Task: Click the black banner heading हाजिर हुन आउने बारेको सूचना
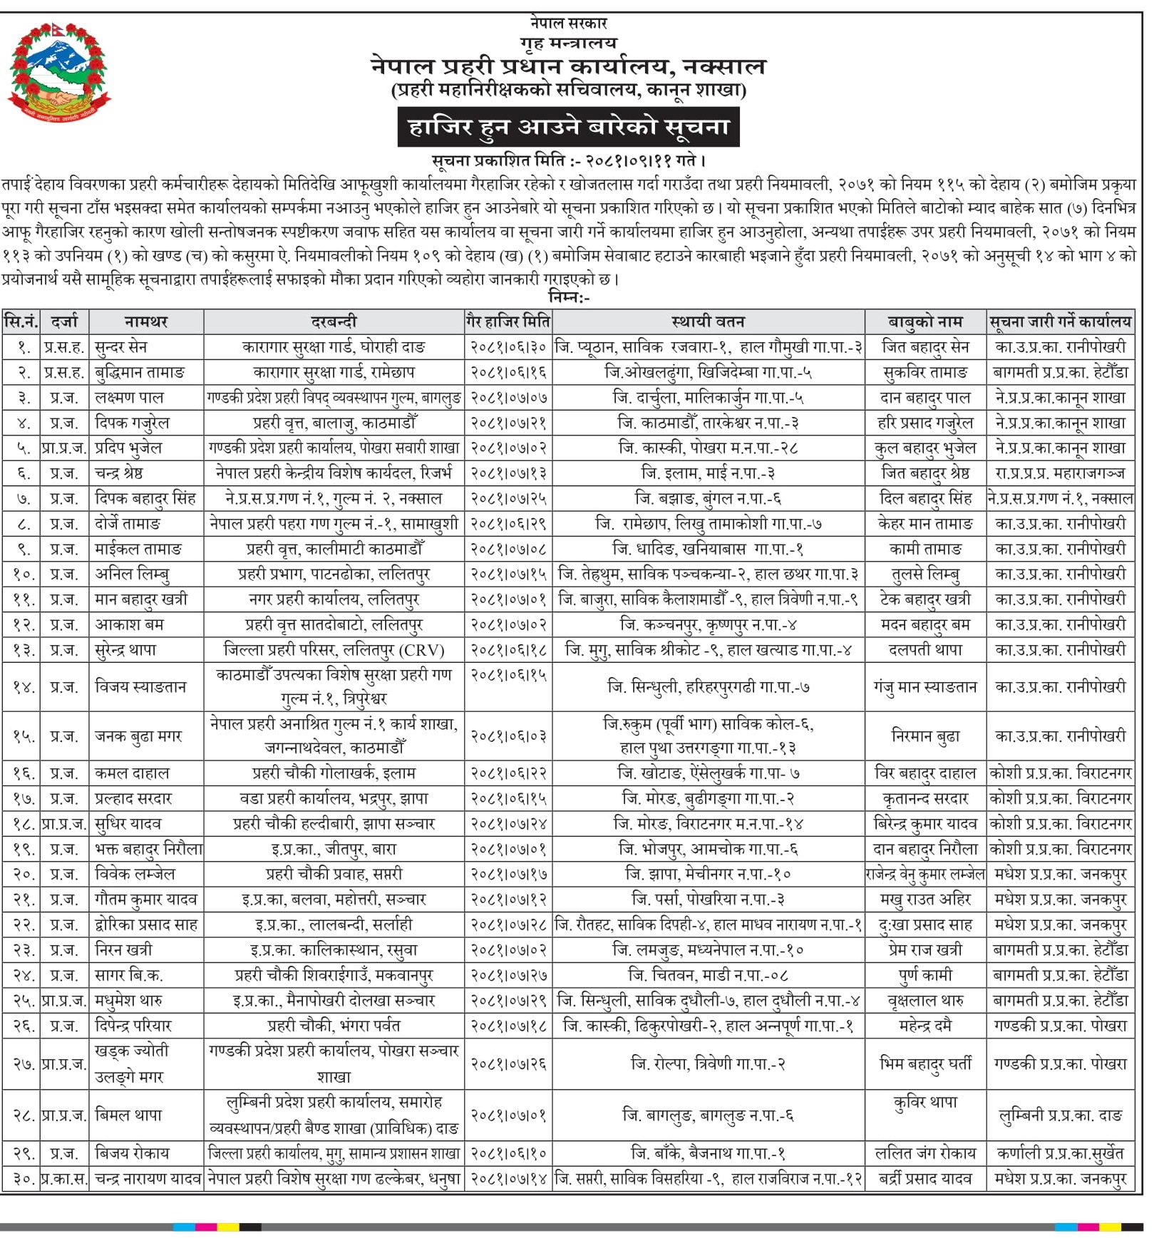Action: coord(568,128)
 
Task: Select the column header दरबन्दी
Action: coord(334,321)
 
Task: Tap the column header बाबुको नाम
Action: coord(924,321)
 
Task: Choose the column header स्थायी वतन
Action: coord(708,321)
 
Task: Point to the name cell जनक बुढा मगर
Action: coord(138,736)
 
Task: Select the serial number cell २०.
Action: coord(21,874)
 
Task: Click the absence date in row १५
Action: coord(508,736)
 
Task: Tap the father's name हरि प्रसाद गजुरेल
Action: coord(924,423)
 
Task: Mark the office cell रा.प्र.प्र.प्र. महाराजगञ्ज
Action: coord(1060,473)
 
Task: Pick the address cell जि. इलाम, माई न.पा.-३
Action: coord(708,473)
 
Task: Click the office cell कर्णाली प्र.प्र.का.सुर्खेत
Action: coord(1060,1153)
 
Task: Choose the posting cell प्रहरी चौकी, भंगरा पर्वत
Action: coord(334,1026)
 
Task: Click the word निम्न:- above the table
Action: coord(568,296)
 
